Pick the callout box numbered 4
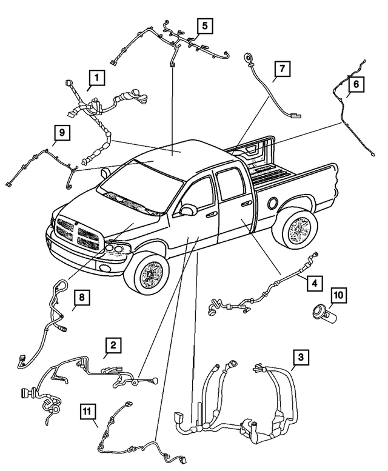313,282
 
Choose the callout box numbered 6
356,84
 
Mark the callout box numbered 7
281,70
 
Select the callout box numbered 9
61,132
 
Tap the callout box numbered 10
338,295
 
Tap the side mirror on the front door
187,210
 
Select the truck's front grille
78,233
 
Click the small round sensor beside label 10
318,312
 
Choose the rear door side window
229,184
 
